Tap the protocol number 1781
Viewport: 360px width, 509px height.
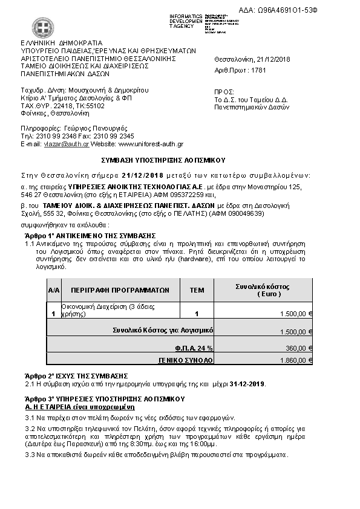[x=258, y=70]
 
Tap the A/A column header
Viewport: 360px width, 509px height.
[x=53, y=290]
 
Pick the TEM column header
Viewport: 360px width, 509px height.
[x=197, y=290]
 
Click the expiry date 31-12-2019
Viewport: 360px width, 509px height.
[x=247, y=384]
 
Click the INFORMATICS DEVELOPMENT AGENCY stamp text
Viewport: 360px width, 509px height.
[x=185, y=21]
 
